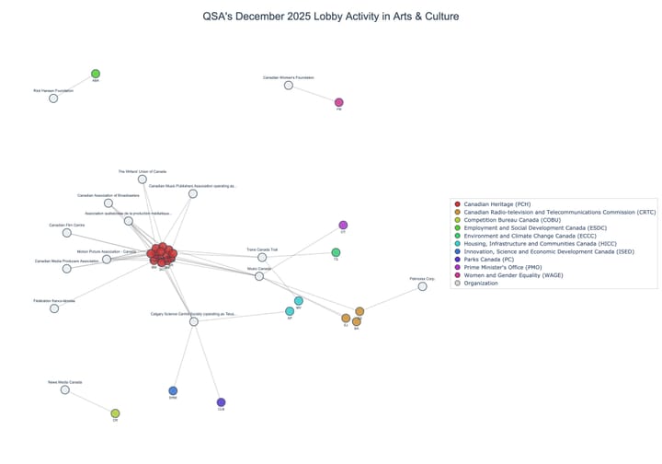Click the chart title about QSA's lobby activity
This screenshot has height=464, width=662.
[330, 17]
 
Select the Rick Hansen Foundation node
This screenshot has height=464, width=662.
[53, 98]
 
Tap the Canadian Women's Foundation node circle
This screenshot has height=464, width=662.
[289, 85]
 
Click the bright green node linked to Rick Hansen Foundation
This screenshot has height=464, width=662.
[96, 74]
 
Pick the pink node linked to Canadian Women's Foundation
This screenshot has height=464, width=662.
[339, 102]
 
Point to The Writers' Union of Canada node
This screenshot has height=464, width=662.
[143, 179]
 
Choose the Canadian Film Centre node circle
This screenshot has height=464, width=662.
[67, 233]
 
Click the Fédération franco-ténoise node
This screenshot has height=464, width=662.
[54, 308]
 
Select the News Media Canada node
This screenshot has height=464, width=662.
[65, 389]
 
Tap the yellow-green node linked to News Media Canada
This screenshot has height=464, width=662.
[115, 413]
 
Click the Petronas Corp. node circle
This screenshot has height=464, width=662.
[423, 286]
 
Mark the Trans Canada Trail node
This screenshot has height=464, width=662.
[262, 257]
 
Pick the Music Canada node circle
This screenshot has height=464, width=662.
[259, 276]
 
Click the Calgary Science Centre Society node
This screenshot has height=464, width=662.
[194, 321]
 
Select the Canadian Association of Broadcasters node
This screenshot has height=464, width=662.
[108, 203]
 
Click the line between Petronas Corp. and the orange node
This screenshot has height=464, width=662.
[392, 298]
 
